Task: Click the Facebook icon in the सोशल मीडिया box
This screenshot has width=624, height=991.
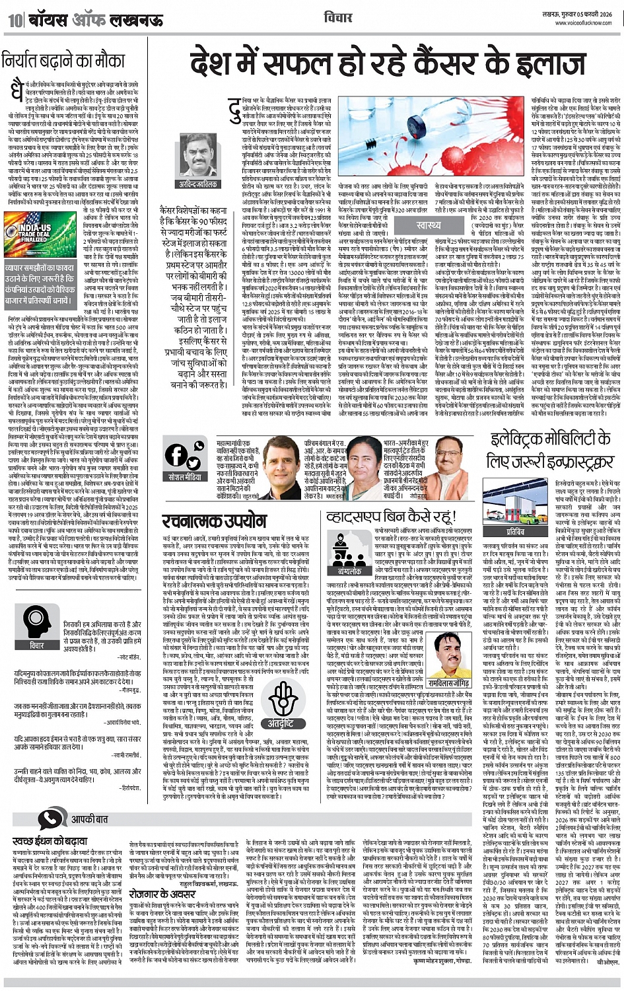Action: point(176,455)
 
